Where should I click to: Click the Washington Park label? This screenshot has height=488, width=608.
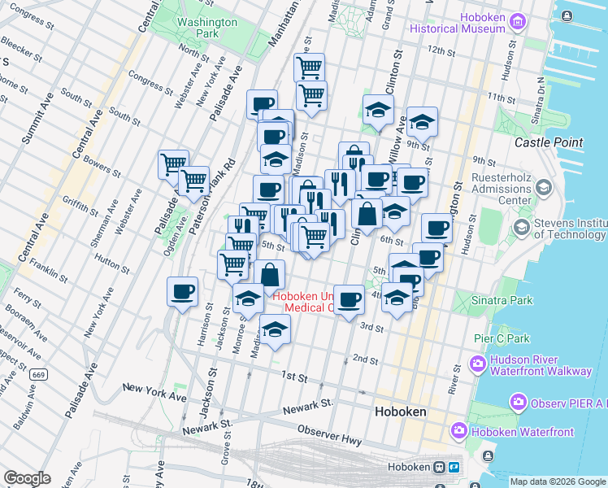click(x=207, y=28)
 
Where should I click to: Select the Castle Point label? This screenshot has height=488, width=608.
click(x=549, y=142)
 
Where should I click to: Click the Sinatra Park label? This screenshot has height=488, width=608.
click(x=502, y=300)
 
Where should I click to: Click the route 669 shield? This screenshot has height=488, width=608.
click(x=38, y=376)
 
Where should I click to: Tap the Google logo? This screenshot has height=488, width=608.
click(x=27, y=478)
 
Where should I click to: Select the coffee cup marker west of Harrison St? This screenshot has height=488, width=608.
click(x=182, y=290)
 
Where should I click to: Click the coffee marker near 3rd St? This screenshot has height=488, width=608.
click(x=350, y=298)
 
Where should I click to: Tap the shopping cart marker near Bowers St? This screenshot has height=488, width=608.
click(x=174, y=164)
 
